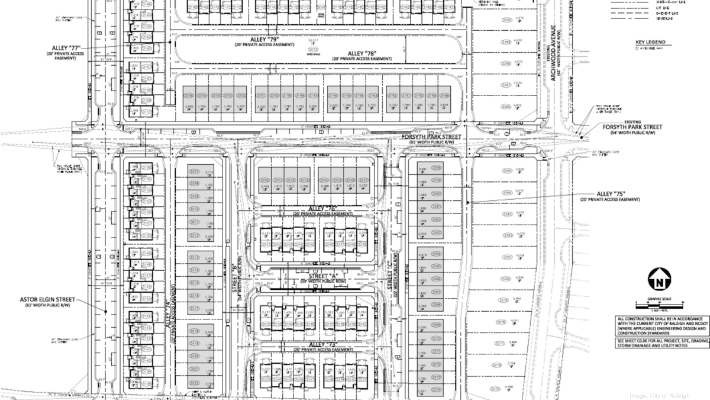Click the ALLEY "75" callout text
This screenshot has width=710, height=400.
[611, 194]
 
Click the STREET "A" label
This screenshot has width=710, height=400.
[314, 276]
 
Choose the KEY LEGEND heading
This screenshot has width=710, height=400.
[650, 42]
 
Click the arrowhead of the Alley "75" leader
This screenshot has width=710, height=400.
[469, 203]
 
